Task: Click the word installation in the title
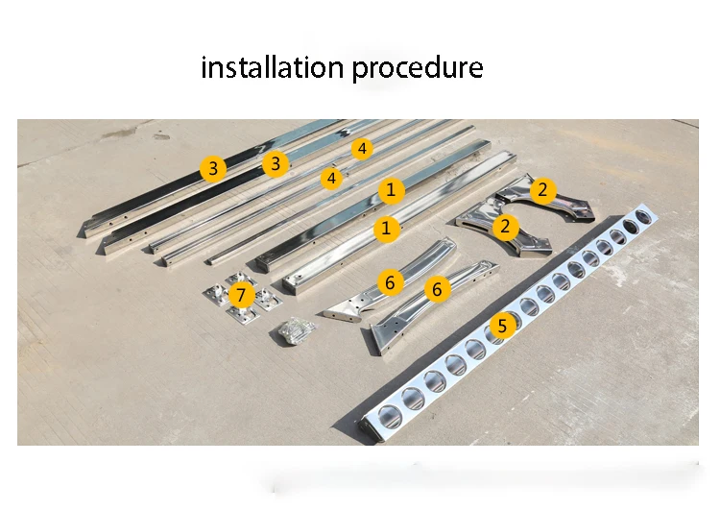[273, 67]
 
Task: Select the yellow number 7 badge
[241, 295]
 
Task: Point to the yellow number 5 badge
[502, 326]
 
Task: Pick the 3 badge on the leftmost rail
[213, 168]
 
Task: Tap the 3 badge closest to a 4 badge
[276, 163]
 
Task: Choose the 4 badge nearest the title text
[362, 149]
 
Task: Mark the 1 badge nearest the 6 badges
[386, 228]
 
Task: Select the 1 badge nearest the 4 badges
[392, 190]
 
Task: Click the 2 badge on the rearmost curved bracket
[542, 189]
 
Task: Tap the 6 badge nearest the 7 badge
[390, 282]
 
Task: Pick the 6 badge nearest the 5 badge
[437, 289]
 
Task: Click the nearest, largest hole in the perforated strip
[390, 415]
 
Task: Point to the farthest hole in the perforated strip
[645, 216]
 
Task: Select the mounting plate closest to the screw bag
[243, 314]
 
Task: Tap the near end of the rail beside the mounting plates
[292, 284]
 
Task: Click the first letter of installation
[204, 67]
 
